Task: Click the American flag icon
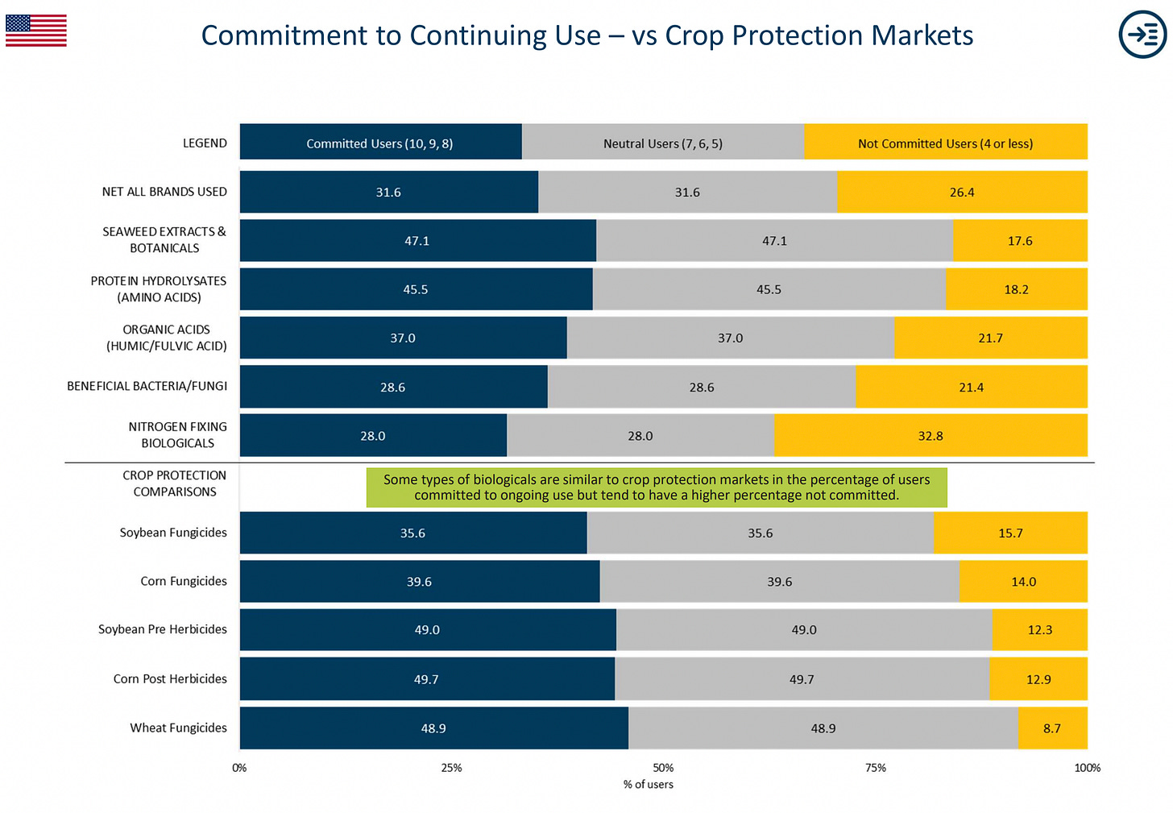(x=35, y=31)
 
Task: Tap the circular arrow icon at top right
(x=1142, y=35)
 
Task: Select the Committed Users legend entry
(x=380, y=143)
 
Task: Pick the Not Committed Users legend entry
(x=945, y=143)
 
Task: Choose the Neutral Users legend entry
(x=662, y=143)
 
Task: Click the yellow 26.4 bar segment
(x=962, y=192)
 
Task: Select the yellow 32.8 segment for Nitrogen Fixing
(x=930, y=435)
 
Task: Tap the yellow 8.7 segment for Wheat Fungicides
(x=1052, y=728)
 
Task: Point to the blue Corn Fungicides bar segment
(x=419, y=581)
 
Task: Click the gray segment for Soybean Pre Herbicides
(x=803, y=629)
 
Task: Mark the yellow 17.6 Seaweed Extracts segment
(x=1020, y=240)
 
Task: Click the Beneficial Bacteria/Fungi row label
(x=147, y=386)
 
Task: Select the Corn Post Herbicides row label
(x=170, y=678)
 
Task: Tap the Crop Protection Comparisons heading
(x=175, y=483)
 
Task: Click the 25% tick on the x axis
(x=451, y=768)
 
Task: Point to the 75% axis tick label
(x=875, y=768)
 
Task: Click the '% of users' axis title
(x=648, y=784)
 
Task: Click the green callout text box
(x=656, y=487)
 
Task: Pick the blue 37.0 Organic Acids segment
(x=403, y=338)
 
